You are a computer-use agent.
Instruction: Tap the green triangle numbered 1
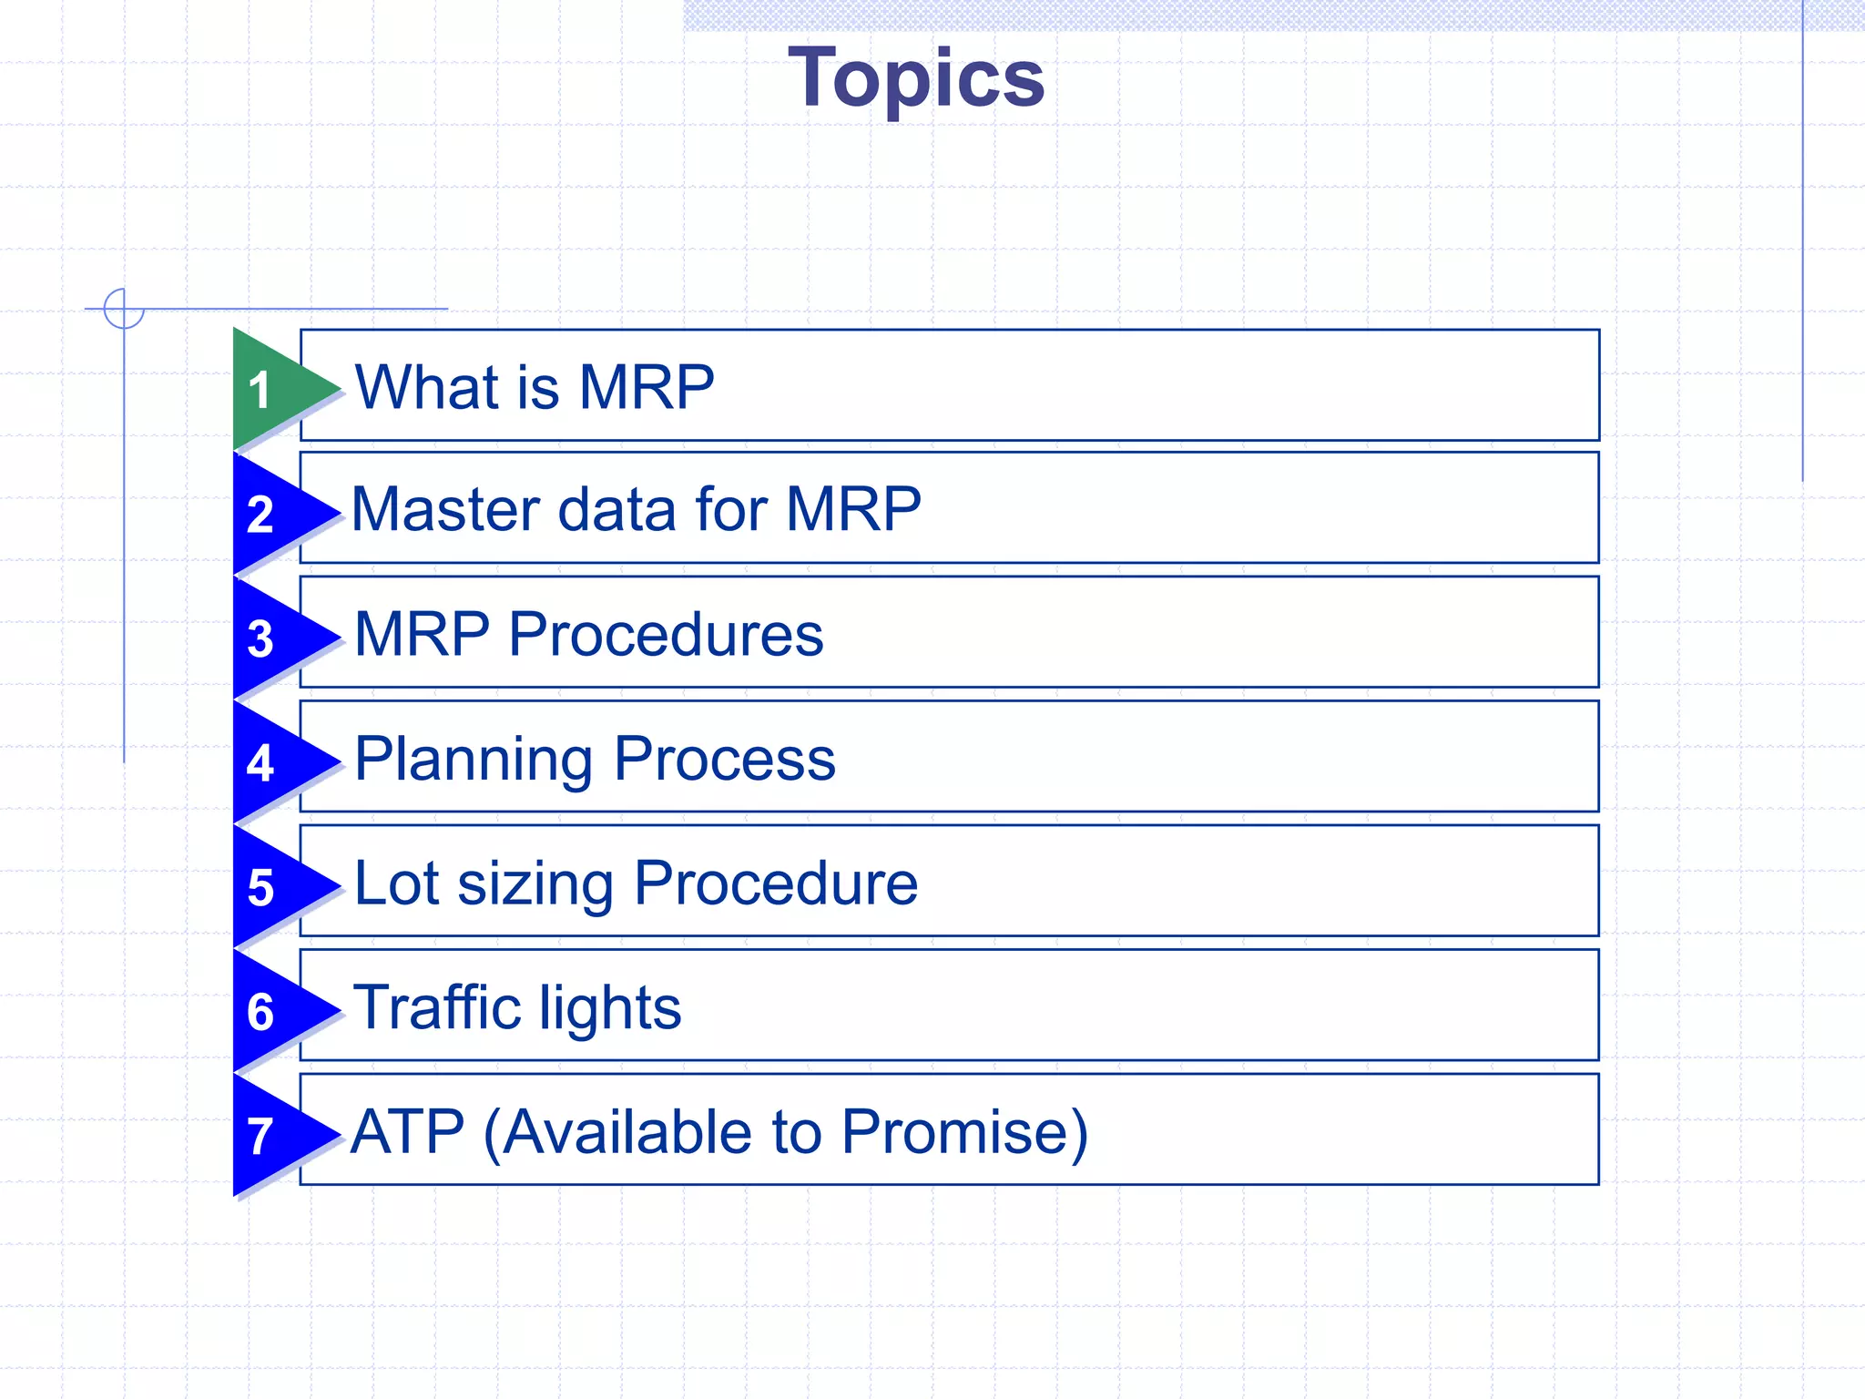(x=273, y=389)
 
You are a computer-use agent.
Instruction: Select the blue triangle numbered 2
(x=273, y=514)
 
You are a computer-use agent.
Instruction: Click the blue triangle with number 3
(x=273, y=638)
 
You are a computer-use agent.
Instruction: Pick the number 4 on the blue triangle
(x=260, y=763)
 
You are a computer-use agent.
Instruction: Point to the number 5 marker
(x=261, y=887)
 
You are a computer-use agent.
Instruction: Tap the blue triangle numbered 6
(x=273, y=1011)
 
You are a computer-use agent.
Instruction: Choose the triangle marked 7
(x=273, y=1136)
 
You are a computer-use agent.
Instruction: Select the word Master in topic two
(x=446, y=509)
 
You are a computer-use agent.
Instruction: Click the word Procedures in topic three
(x=665, y=635)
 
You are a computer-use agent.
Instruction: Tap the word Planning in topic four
(x=473, y=761)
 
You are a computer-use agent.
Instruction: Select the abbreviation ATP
(x=407, y=1132)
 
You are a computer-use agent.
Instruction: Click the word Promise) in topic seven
(x=964, y=1132)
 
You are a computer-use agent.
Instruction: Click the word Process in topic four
(x=724, y=759)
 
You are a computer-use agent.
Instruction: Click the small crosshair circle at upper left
(x=124, y=309)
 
